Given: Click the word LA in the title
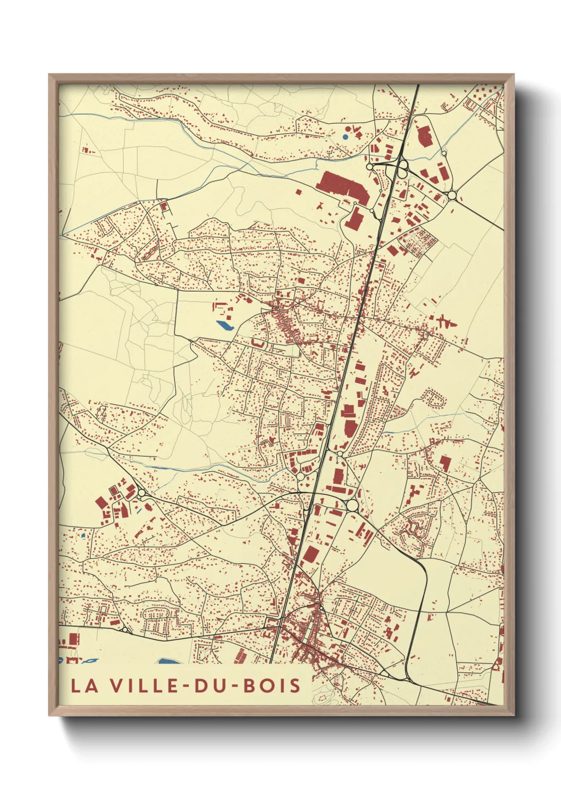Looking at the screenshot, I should coord(84,685).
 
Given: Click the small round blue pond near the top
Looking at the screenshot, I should coord(346,136).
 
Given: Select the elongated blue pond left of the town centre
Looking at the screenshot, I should coord(224,325).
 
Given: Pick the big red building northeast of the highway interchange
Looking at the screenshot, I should coord(425,136).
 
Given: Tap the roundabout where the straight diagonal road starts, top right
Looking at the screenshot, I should coord(452,196).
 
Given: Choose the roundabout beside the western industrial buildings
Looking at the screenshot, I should coord(142,494).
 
